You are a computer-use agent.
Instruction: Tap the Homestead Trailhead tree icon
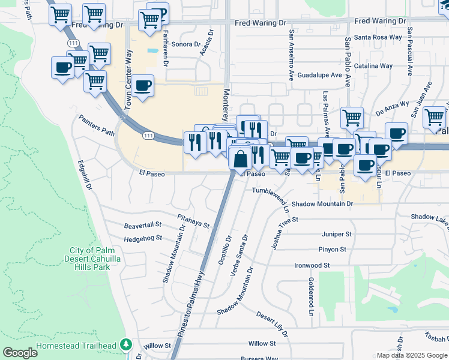126,345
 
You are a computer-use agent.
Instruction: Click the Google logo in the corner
20,353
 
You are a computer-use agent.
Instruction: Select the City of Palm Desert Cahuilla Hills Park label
91,259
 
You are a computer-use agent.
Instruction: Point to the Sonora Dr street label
185,44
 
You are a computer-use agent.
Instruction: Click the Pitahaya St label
193,221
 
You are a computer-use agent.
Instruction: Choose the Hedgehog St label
143,238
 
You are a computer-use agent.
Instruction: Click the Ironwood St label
312,265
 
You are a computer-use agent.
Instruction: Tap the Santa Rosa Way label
378,37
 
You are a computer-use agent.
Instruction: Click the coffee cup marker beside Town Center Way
143,86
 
